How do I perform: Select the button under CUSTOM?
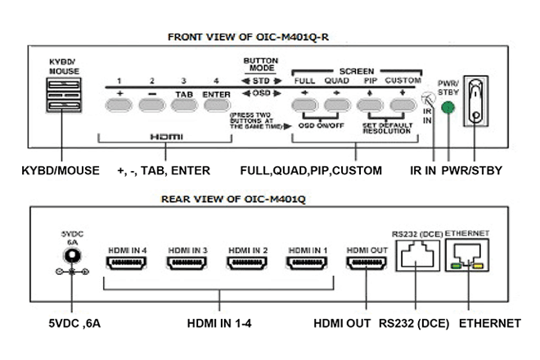[403, 105]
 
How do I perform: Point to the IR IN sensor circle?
[425, 100]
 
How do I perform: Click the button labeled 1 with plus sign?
[118, 105]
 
